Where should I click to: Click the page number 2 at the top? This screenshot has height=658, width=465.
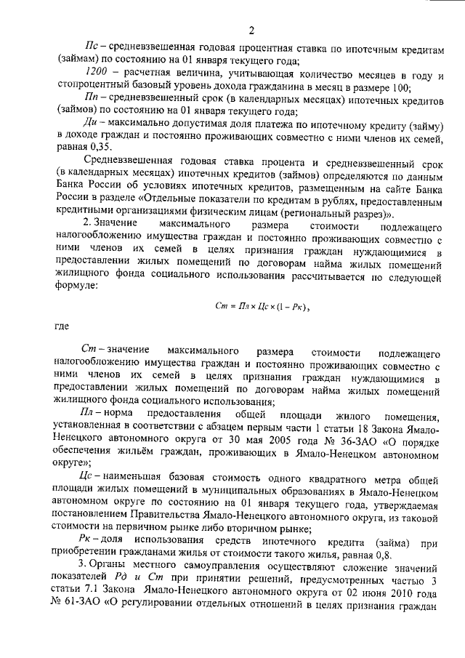(x=251, y=30)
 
